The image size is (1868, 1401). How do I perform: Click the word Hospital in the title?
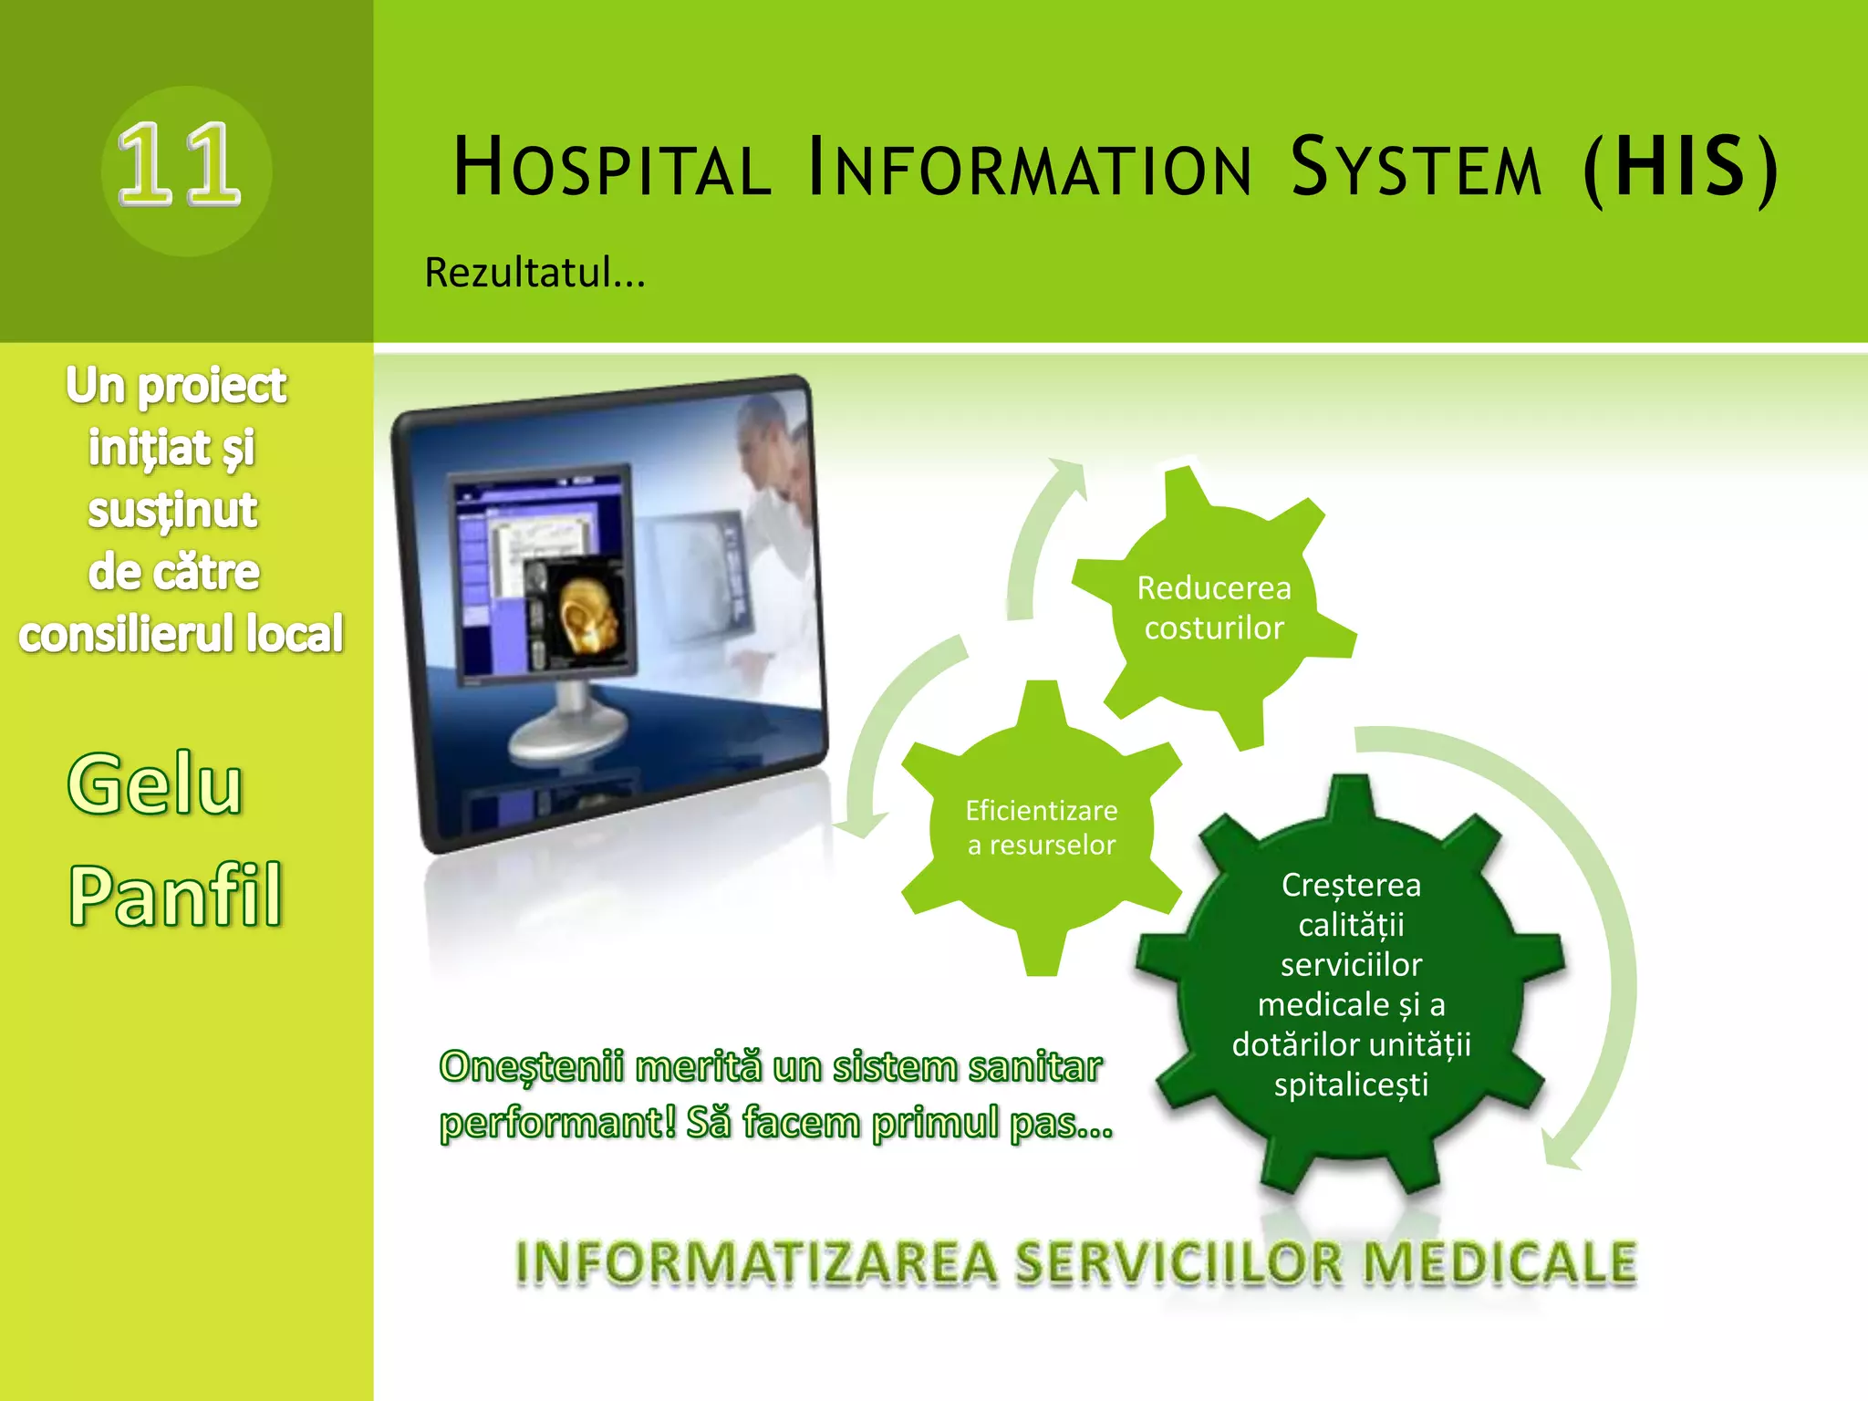click(x=611, y=168)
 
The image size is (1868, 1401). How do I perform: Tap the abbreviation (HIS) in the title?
click(x=1680, y=168)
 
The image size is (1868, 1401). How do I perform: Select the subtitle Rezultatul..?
click(x=534, y=273)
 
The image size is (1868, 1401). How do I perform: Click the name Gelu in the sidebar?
click(x=155, y=784)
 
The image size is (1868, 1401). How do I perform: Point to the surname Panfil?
click(x=175, y=896)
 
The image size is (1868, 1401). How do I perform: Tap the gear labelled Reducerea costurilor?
click(x=1213, y=607)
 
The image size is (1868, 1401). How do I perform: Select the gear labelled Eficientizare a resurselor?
click(x=1041, y=827)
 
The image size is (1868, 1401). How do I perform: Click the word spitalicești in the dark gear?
click(x=1351, y=1084)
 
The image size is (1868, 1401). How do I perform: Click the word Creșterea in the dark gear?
click(x=1351, y=885)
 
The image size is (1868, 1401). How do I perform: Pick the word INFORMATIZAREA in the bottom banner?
click(x=756, y=1264)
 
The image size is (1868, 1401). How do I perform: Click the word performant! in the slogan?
click(x=558, y=1123)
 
